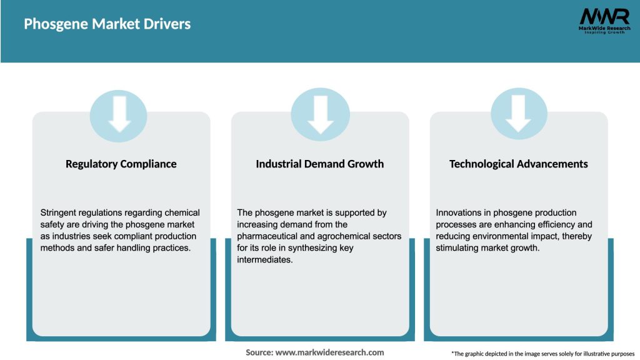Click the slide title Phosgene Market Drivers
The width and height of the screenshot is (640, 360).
(x=107, y=24)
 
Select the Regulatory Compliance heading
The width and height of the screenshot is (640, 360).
(x=121, y=164)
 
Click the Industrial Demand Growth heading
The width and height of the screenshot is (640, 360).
(x=320, y=164)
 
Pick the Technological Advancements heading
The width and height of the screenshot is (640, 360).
(x=519, y=164)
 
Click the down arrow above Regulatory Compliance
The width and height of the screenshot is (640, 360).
(x=119, y=114)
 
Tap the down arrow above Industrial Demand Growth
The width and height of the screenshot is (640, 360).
(x=321, y=114)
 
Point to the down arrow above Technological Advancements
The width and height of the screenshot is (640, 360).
(x=519, y=114)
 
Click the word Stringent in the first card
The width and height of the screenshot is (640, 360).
(x=59, y=212)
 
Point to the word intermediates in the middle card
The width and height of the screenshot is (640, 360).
(x=265, y=260)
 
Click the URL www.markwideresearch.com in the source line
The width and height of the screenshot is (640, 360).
(x=330, y=352)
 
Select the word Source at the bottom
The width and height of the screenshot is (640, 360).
(x=259, y=352)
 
